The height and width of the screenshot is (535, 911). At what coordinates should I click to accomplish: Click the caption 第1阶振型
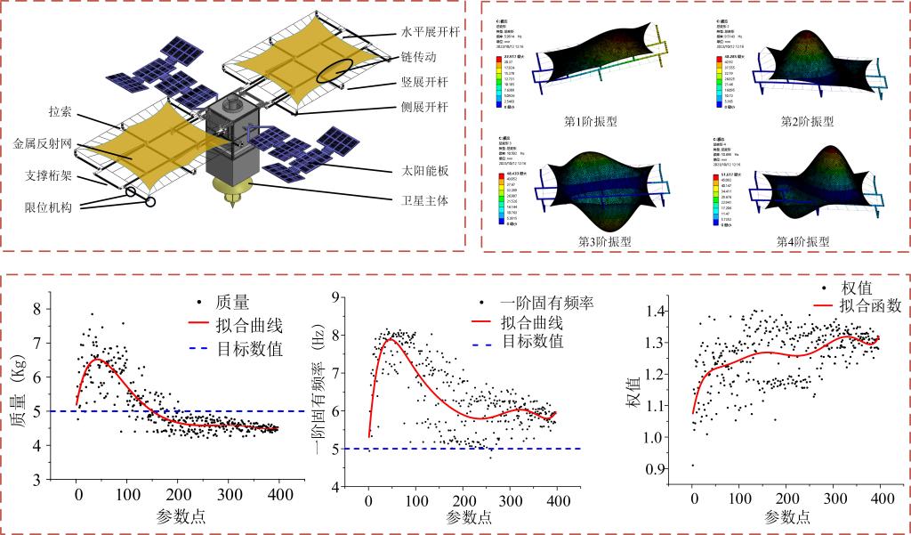[x=592, y=120]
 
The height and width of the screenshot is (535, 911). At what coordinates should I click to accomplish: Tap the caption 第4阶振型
[x=802, y=241]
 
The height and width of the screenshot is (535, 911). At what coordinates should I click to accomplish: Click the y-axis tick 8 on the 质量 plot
[x=62, y=309]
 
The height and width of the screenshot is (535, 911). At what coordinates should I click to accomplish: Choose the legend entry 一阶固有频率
[x=547, y=304]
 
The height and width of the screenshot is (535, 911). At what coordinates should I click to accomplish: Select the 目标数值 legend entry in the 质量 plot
[x=250, y=348]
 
